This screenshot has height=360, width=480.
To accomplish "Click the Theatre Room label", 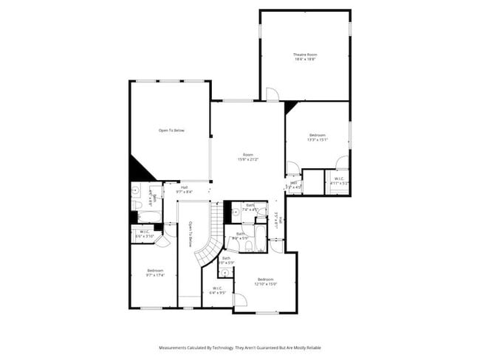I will click(304, 57).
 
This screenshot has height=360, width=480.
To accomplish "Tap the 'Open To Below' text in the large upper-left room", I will click(171, 131).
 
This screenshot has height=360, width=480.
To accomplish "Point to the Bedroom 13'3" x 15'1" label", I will click(318, 137).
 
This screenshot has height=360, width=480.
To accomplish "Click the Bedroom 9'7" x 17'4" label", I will click(154, 273).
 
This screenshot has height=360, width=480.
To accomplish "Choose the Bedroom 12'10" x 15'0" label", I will click(266, 281).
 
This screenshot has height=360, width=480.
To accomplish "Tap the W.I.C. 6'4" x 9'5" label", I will click(218, 290).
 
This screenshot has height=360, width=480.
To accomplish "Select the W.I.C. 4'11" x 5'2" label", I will click(338, 181).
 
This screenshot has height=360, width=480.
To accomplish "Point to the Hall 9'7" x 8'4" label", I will click(183, 189).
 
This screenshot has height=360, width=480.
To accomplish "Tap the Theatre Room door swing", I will click(272, 94).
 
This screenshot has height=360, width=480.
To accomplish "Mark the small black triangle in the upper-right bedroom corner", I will click(289, 107).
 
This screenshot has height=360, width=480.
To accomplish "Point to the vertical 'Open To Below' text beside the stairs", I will click(190, 234).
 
